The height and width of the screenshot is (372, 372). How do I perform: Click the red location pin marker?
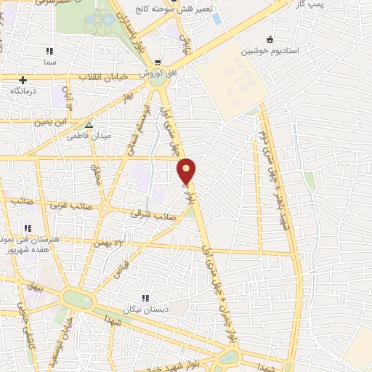(x=187, y=170)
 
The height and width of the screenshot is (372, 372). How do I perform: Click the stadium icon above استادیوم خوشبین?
(x=270, y=39)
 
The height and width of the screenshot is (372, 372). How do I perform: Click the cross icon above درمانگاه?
(x=23, y=80)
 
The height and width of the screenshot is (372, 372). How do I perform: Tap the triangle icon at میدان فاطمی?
(x=89, y=125)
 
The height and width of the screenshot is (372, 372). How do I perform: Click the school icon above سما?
(x=49, y=51)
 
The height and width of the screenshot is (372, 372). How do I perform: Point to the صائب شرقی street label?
(x=148, y=214)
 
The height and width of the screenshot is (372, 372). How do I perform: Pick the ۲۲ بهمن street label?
(x=109, y=243)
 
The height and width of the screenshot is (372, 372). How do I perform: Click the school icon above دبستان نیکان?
(x=145, y=298)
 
